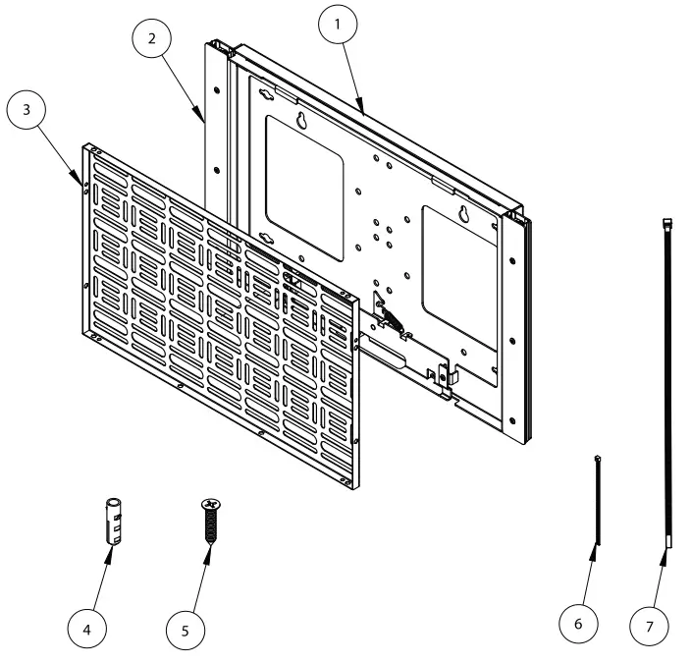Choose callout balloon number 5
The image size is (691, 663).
[x=186, y=630]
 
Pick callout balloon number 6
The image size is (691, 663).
[x=579, y=623]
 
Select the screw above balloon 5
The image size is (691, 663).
[x=209, y=525]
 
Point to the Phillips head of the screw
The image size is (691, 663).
[x=209, y=504]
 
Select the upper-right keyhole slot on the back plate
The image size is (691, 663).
[x=463, y=214]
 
